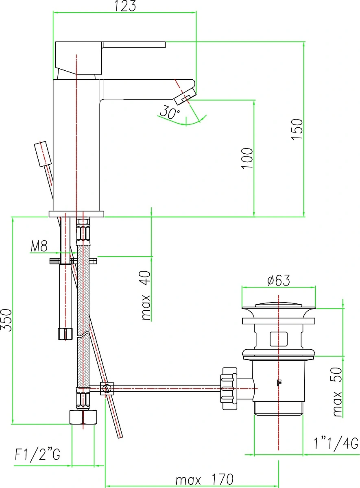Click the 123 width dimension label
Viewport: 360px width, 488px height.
125,6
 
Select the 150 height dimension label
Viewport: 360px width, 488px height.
297,129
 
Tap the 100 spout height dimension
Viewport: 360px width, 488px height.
247,158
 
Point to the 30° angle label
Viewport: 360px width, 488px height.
170,112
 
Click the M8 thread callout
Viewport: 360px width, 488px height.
39,246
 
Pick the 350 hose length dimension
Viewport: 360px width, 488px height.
7,320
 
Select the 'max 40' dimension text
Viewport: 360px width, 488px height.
146,295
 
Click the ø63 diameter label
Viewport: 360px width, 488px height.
279,280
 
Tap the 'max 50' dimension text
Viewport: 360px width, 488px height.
338,392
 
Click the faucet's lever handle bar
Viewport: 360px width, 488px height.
135,44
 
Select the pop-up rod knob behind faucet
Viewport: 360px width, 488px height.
43,154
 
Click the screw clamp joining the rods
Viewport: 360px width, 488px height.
107,388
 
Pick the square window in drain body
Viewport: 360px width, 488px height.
279,339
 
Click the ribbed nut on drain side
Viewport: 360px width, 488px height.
229,388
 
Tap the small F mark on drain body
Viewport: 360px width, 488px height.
279,383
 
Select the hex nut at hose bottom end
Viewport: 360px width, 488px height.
83,417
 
